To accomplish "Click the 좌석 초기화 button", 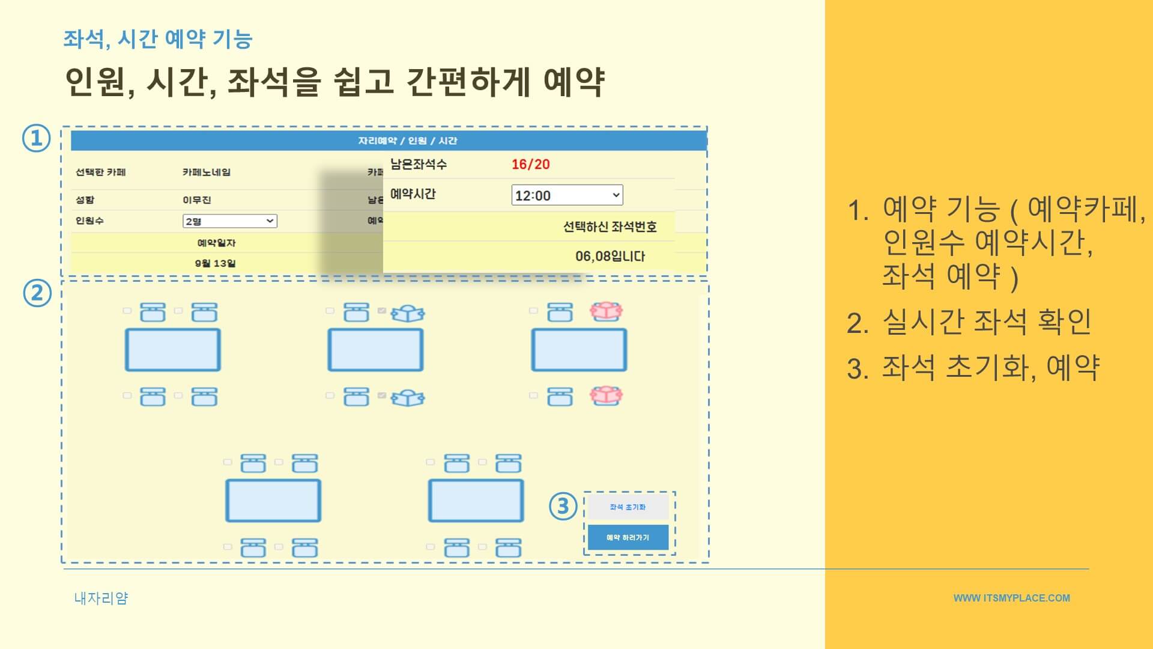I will pos(628,507).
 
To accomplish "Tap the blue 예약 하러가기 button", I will pos(628,537).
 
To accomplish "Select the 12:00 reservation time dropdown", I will pos(566,195).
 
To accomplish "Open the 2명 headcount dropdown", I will pos(229,221).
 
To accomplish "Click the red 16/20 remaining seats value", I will pos(530,164).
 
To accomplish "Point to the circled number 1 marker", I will pos(37,138).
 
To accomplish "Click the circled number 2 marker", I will pos(37,293).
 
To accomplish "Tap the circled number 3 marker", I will pos(563,506).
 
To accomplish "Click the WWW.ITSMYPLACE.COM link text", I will pos(1011,598).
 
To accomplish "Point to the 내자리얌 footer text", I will pos(101,598).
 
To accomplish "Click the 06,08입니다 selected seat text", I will pos(610,257).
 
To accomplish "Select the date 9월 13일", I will pos(215,263).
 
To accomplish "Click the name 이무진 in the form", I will pos(196,200).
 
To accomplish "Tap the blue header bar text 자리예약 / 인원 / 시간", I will pos(407,141).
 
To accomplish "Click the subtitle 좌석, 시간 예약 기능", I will pos(157,39).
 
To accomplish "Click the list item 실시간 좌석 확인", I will pos(986,322).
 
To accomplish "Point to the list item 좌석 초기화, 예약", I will pos(990,367).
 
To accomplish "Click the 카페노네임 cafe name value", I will pos(206,172).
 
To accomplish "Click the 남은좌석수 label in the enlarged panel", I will pos(418,164).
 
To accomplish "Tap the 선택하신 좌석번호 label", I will pos(609,227).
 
